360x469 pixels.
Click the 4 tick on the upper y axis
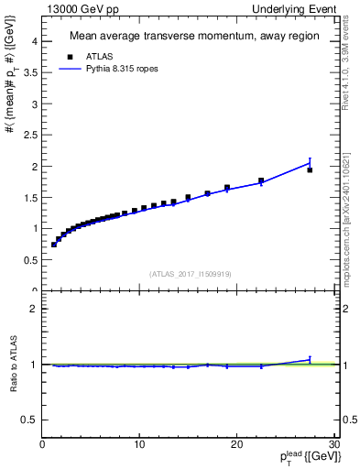(36, 42)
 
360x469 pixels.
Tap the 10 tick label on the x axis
(139, 445)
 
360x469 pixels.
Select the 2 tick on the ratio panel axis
(36, 309)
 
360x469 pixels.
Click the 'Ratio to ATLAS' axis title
(13, 364)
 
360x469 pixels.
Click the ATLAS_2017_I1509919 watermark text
(189, 273)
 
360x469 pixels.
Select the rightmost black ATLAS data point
(310, 169)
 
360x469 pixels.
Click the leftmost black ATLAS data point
(54, 245)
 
